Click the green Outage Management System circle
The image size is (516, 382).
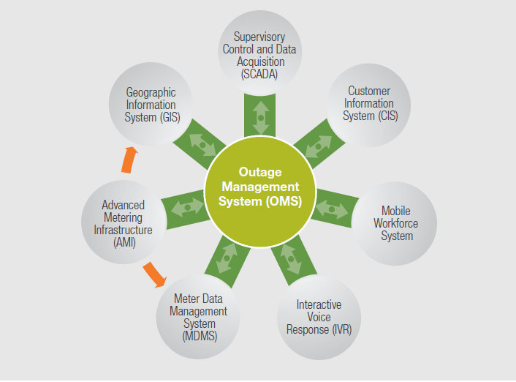point(258,187)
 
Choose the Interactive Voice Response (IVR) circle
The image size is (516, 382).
point(319,316)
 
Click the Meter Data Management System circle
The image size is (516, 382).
point(198,316)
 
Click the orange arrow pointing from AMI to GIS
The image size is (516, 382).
point(129,159)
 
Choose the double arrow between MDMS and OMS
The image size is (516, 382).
point(227,257)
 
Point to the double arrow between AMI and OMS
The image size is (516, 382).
point(186,207)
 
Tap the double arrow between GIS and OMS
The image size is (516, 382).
point(203,144)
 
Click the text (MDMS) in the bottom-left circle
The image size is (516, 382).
point(198,336)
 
